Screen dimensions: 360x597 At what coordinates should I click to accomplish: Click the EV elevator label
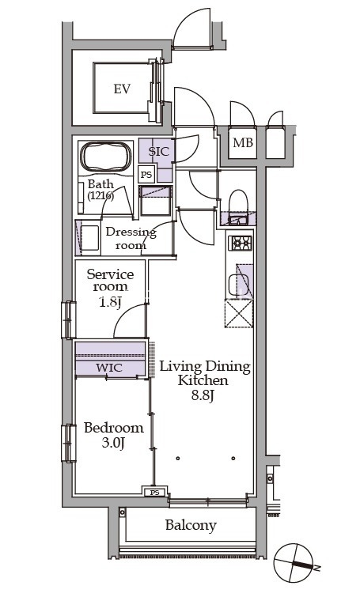click(x=122, y=89)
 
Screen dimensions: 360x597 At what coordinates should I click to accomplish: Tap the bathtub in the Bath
click(x=105, y=157)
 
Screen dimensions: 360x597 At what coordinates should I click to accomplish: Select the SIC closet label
click(x=158, y=152)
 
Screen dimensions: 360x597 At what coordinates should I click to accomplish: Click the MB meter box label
click(x=243, y=143)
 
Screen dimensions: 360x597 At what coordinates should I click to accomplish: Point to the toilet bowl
click(x=238, y=202)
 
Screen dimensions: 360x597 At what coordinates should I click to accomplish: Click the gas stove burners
click(x=240, y=243)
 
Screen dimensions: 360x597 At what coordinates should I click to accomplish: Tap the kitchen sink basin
click(x=238, y=284)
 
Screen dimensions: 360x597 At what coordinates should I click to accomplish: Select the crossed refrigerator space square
click(x=239, y=313)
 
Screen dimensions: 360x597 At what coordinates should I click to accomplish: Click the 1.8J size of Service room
click(x=110, y=303)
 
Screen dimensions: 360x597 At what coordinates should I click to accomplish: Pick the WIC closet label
click(x=109, y=368)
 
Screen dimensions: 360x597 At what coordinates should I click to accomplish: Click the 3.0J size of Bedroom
click(x=113, y=443)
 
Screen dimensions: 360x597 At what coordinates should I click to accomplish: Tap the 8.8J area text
click(x=202, y=396)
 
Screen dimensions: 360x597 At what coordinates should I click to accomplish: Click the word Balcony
click(x=191, y=526)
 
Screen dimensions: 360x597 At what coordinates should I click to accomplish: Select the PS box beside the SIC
click(x=146, y=175)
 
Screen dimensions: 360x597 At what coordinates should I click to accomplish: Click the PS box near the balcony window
click(x=154, y=493)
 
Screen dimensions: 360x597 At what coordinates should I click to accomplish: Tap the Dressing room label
click(x=131, y=238)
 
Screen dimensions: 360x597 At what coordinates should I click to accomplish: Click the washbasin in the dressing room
click(x=89, y=238)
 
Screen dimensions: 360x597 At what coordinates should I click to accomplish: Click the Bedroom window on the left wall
click(x=69, y=443)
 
